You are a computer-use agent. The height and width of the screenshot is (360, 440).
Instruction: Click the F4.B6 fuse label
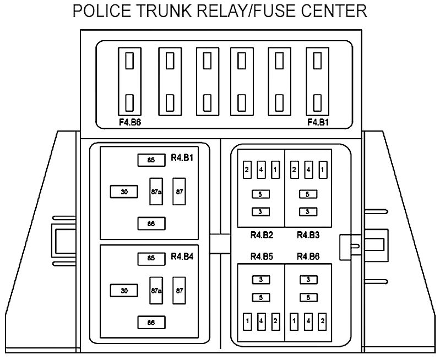point(131,122)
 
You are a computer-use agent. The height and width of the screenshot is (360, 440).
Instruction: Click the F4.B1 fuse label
point(318,122)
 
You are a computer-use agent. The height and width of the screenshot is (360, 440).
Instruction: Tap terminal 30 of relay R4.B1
point(124,192)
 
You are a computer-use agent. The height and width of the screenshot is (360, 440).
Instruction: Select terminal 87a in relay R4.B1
point(156,192)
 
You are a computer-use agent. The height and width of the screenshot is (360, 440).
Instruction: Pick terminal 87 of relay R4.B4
point(179,290)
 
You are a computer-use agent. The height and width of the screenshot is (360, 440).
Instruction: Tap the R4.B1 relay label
point(182,157)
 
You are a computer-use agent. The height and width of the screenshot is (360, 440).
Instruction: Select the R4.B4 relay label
point(182,255)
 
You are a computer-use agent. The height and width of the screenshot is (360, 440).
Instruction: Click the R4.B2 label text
point(262,236)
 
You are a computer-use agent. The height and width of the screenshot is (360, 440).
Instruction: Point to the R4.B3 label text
point(309,236)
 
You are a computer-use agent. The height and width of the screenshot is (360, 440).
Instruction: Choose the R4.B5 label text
point(262,256)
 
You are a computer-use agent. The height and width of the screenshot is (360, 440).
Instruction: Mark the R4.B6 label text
point(309,256)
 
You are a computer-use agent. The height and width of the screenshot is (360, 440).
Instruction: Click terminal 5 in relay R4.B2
point(260,194)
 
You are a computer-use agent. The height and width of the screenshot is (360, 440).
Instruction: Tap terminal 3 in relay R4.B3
point(308,211)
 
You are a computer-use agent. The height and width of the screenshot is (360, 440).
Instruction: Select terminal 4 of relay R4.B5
point(261,320)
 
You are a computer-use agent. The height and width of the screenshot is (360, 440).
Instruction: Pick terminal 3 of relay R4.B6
point(308,280)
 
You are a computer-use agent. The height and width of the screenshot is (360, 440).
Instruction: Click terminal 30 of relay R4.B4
point(124,290)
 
